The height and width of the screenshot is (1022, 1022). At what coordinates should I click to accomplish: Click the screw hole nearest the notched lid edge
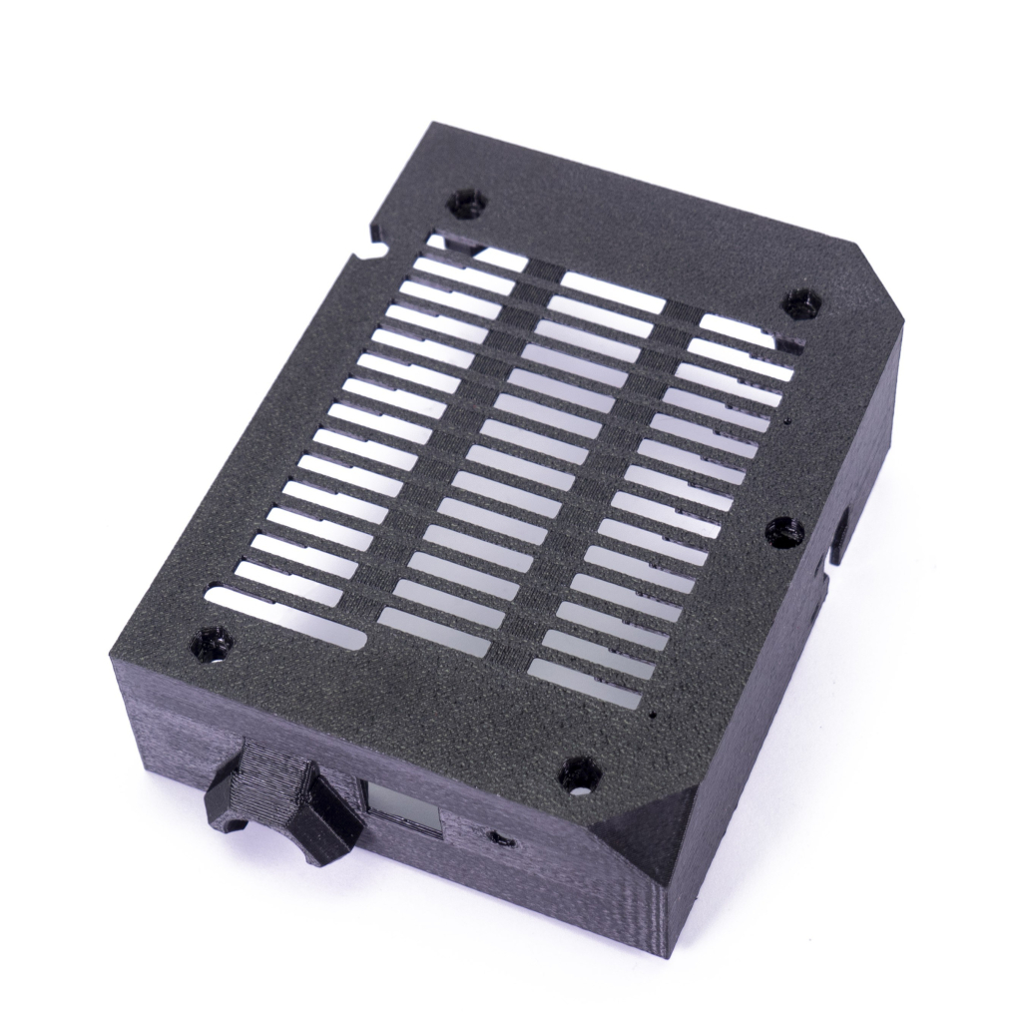[x=466, y=204]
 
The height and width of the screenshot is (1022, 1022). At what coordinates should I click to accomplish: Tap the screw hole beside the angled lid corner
[x=800, y=302]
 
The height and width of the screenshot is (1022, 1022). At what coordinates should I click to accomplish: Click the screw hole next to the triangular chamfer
[x=579, y=772]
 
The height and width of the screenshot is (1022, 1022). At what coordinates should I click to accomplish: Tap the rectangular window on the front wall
[x=402, y=807]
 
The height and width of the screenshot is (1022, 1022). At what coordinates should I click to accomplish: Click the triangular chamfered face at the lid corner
[x=654, y=828]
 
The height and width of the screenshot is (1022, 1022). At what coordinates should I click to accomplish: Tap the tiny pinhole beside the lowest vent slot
[x=652, y=716]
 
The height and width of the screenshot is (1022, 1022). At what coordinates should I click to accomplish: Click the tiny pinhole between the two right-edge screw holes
[x=788, y=420]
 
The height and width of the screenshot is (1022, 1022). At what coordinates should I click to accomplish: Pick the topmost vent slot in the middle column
[x=611, y=291]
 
